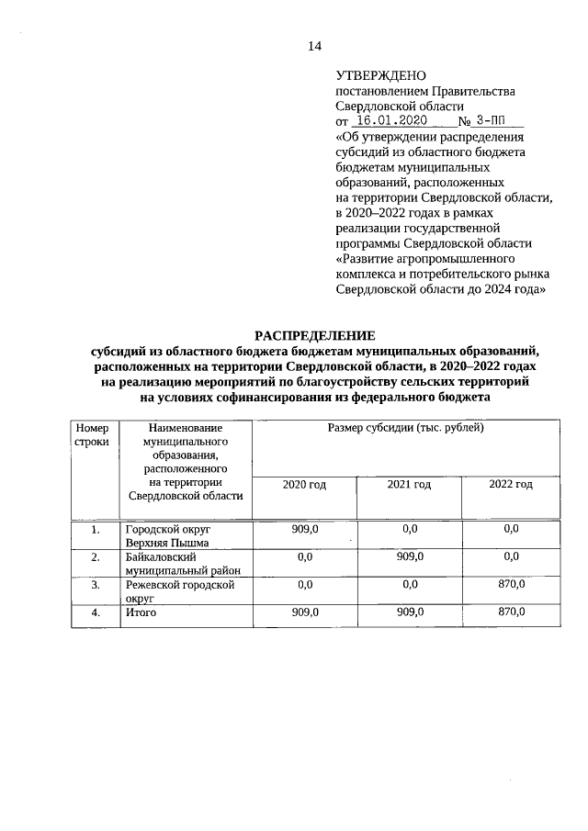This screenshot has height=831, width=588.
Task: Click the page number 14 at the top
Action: point(315,46)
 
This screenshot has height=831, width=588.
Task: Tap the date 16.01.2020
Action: point(389,120)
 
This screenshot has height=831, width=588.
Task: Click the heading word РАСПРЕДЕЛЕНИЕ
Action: point(315,335)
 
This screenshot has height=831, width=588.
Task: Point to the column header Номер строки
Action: point(92,434)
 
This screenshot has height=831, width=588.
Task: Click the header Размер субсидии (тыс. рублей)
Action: point(405,428)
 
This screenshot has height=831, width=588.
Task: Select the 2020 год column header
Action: point(304,484)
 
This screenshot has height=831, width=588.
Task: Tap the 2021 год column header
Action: point(409,484)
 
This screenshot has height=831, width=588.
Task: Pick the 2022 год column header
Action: point(511,484)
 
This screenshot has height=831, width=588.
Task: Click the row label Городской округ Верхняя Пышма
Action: point(168,535)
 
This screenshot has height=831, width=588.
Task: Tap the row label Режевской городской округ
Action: point(180,590)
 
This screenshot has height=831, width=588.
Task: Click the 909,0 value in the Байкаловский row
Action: point(409,556)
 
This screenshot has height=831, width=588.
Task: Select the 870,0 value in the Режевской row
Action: point(511,584)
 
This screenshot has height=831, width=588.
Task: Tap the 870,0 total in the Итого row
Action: point(511,612)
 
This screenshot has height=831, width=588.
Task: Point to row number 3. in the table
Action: point(96,584)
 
